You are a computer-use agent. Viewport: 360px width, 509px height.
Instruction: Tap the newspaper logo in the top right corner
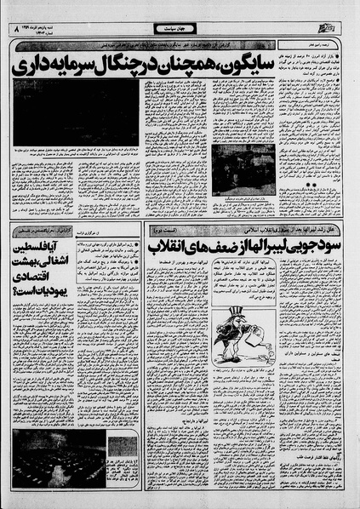[x=341, y=29]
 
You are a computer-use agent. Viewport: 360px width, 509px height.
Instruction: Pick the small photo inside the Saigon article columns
[x=243, y=169]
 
